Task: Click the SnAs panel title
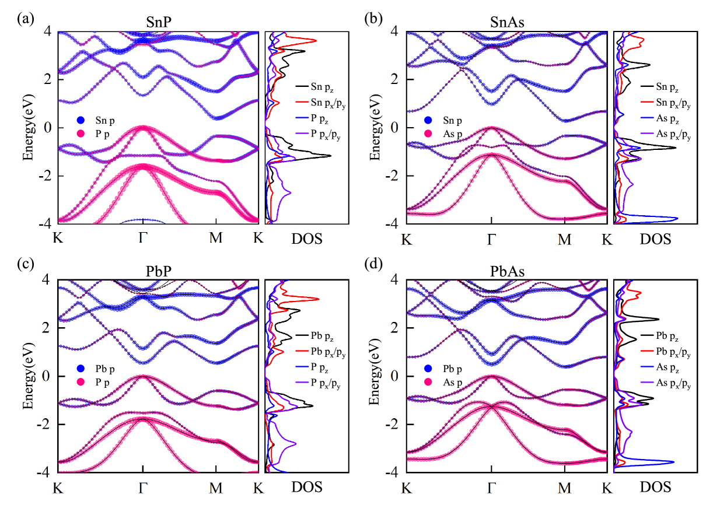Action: click(507, 22)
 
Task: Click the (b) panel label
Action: click(373, 17)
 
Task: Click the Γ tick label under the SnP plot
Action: click(143, 239)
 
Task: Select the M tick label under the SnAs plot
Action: click(564, 239)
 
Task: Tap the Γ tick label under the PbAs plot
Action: click(491, 487)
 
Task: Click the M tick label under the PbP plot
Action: click(216, 487)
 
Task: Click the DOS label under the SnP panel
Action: click(306, 239)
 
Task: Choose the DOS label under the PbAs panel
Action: click(655, 487)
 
